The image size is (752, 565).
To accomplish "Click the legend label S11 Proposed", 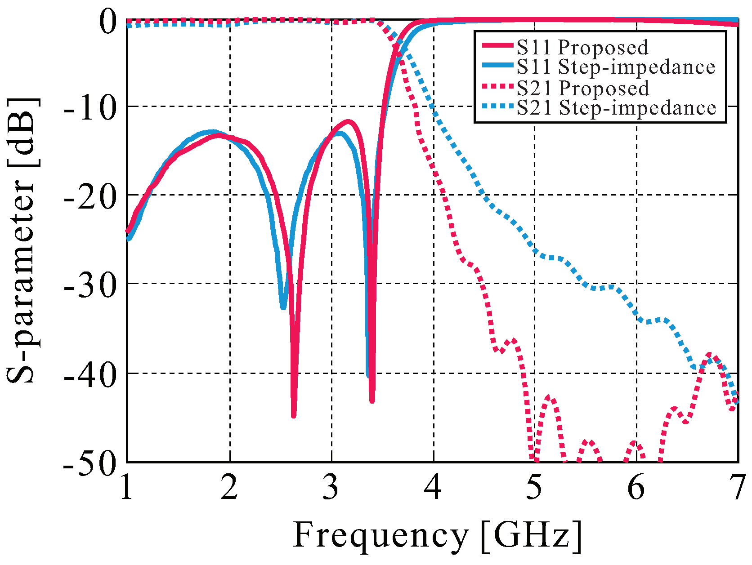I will tap(582, 47).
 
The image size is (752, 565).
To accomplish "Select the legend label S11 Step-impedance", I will tap(615, 67).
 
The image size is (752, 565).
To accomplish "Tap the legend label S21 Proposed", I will tap(582, 88).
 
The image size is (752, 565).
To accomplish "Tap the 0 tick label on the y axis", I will tap(108, 22).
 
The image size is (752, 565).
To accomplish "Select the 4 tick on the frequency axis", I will tap(433, 487).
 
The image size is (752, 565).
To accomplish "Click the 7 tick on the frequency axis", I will tap(738, 487).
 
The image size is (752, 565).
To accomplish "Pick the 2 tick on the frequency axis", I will tap(229, 487).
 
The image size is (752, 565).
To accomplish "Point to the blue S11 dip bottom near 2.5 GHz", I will tap(283, 307).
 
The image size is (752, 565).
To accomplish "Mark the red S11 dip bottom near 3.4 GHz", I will tap(372, 400).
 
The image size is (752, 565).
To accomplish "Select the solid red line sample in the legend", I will tap(497, 46).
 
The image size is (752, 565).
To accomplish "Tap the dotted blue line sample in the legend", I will tap(497, 107).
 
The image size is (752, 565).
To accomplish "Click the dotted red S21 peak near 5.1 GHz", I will tap(550, 397).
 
